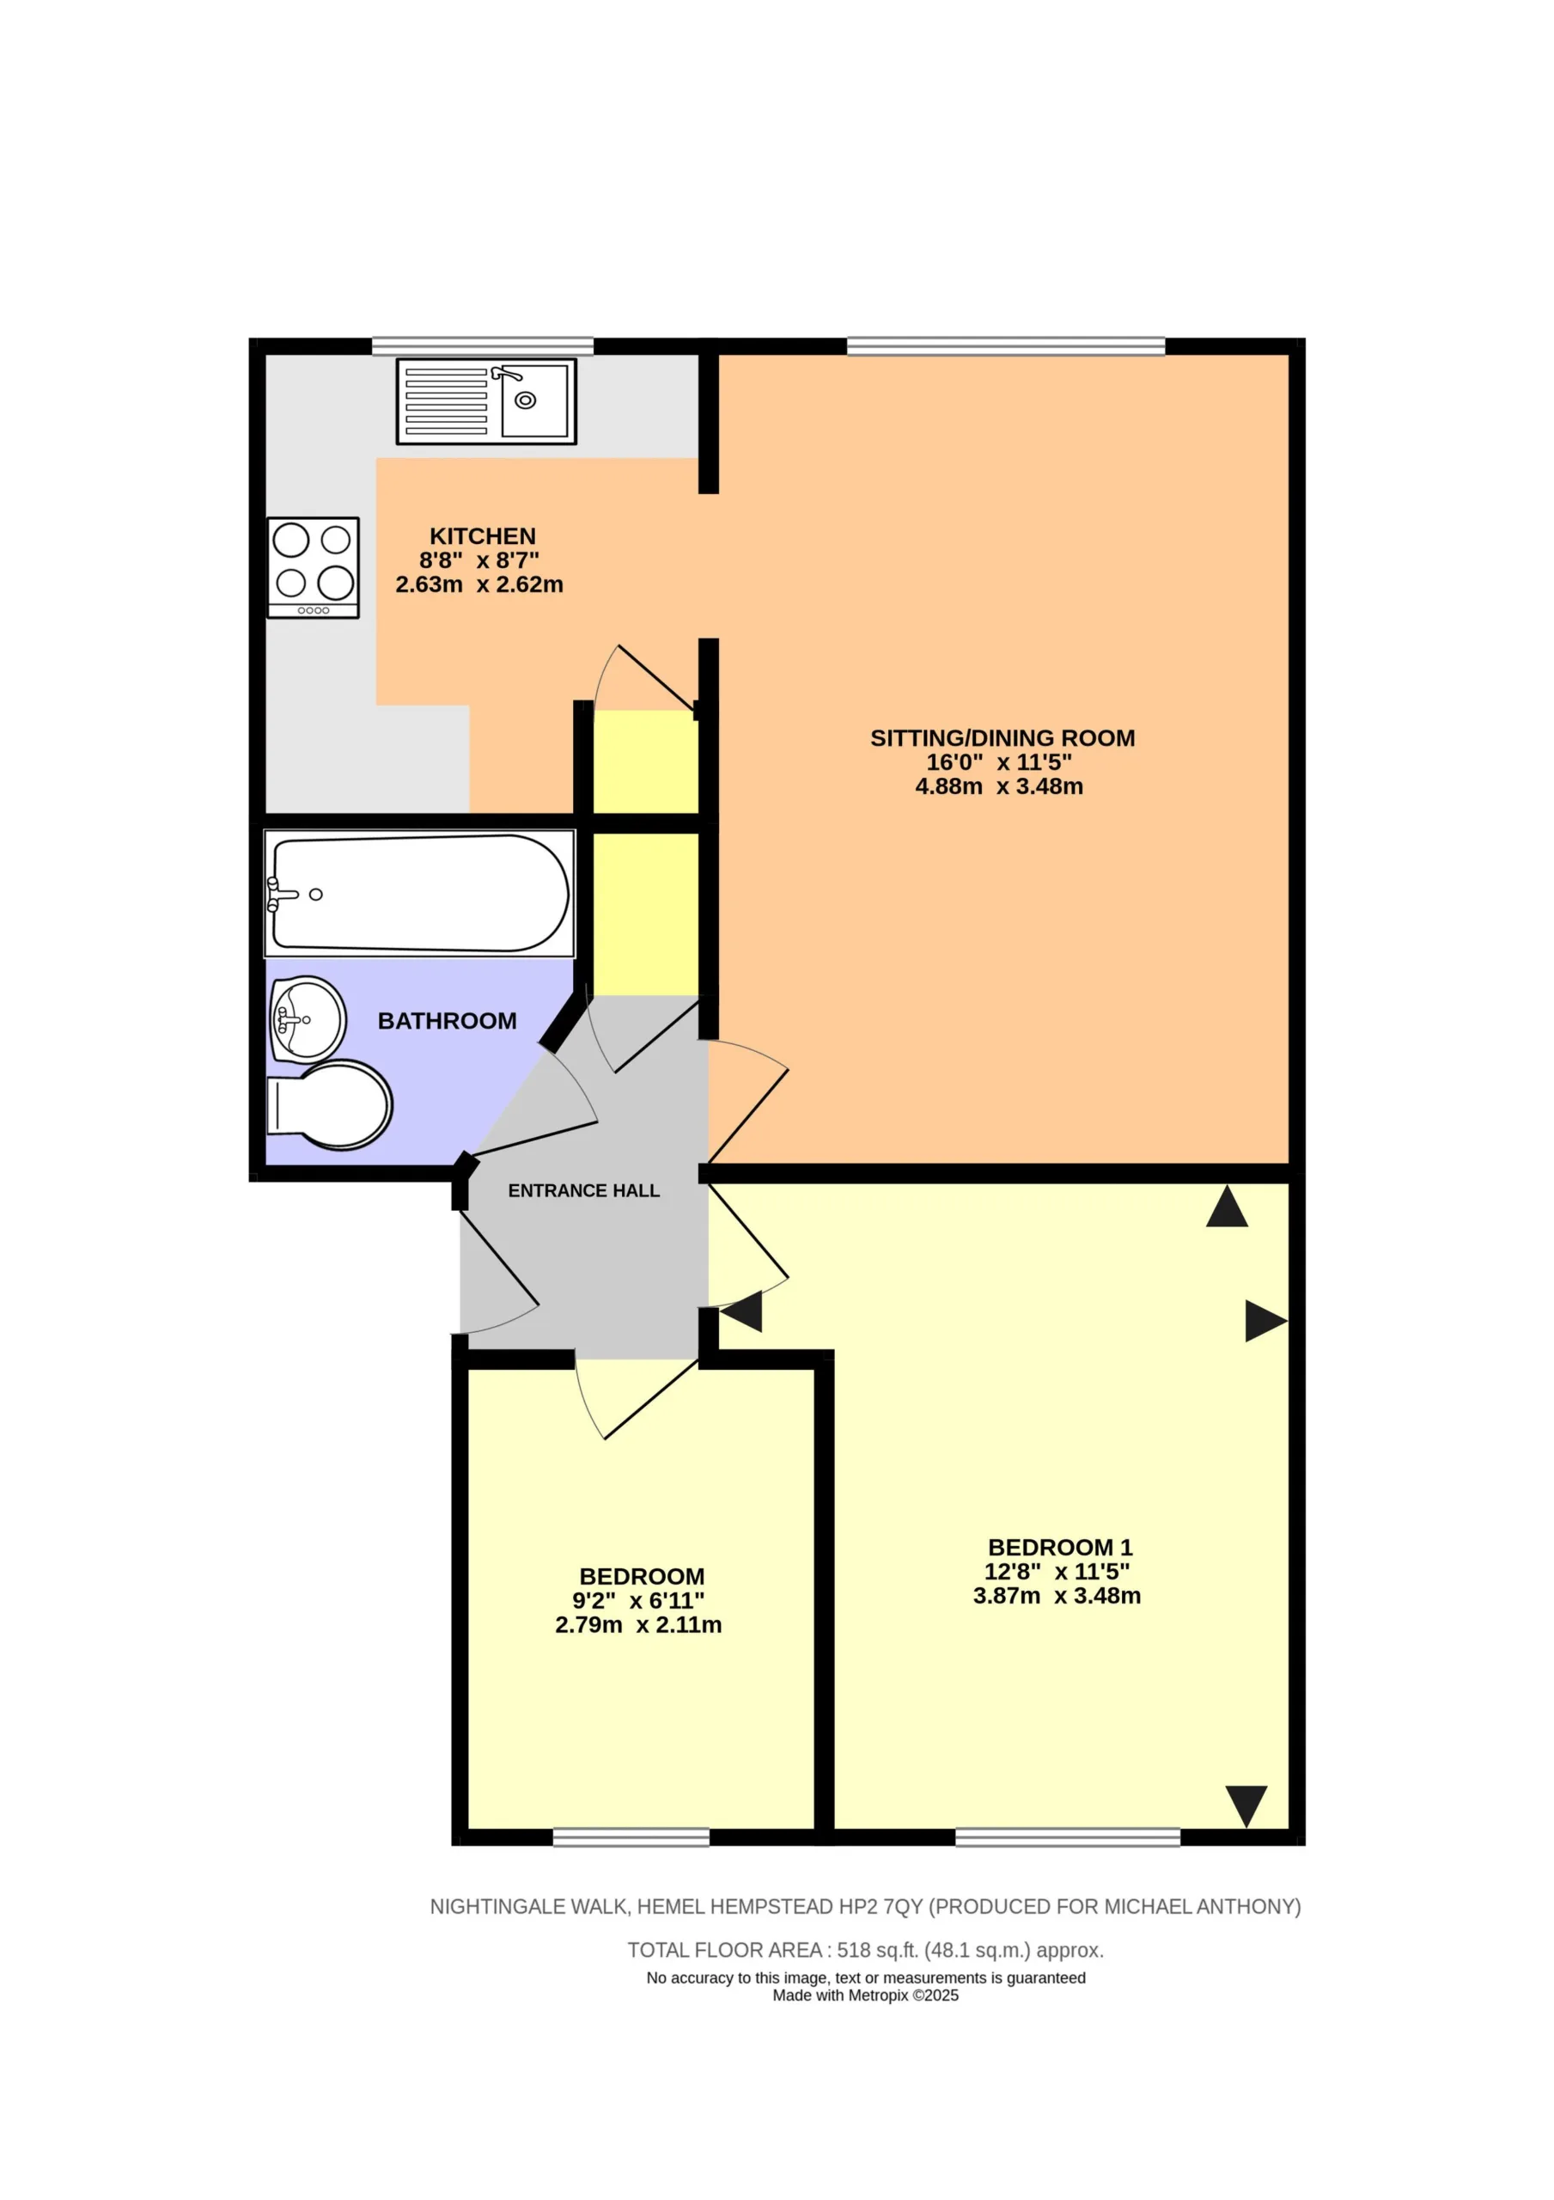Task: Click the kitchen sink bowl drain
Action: point(525,400)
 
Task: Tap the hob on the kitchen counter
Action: point(314,568)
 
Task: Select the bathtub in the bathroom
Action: point(419,893)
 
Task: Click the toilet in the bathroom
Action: point(330,1105)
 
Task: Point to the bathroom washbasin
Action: point(308,1019)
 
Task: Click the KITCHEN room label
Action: point(482,536)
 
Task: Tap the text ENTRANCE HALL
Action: point(583,1191)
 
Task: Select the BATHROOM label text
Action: point(448,1022)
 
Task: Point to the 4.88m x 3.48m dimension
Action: point(999,786)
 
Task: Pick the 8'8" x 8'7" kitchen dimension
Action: point(479,560)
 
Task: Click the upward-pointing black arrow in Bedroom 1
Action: point(1228,1207)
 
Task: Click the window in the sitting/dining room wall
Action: point(1006,346)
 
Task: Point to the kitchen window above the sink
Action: point(483,346)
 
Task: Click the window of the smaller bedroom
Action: point(631,1836)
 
